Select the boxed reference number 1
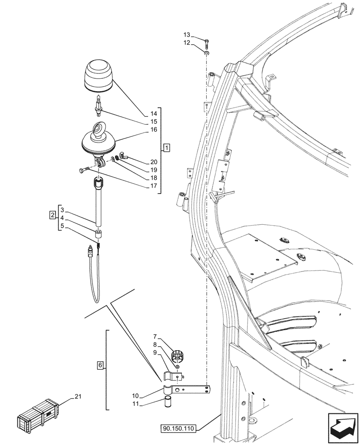tap(166, 146)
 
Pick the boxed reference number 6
tap(101, 365)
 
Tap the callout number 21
tap(78, 396)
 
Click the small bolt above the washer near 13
tap(207, 43)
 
